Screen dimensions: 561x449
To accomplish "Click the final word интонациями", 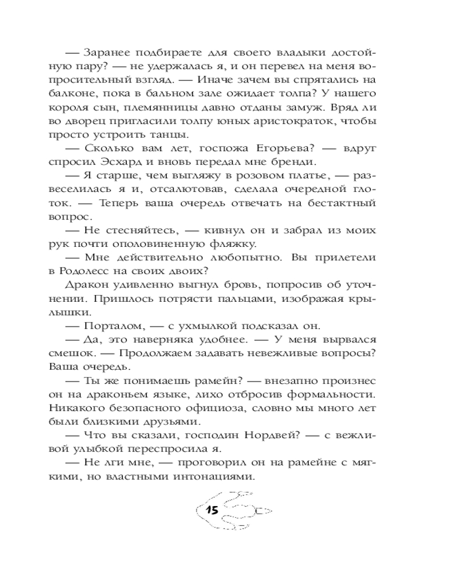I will coord(216,479).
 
